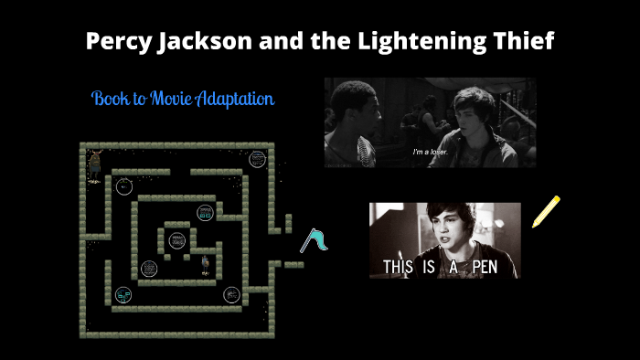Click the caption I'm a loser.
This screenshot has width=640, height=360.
coord(431,152)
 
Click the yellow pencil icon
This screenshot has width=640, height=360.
coord(545,212)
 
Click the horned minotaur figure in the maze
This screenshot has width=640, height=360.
coord(94,167)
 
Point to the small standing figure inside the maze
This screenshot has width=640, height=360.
coord(206,265)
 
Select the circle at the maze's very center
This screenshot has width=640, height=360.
coord(174,241)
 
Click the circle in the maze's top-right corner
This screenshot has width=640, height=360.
coord(258,159)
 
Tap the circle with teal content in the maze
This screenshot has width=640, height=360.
coord(123,294)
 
